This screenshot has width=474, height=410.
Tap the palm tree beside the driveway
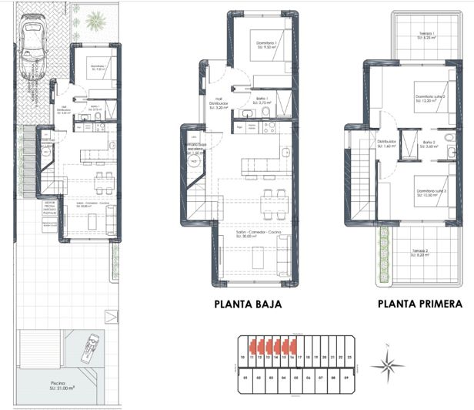pyautogui.click(x=95, y=19)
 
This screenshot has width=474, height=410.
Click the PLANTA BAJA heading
pyautogui.click(x=248, y=304)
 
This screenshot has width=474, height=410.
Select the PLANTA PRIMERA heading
pyautogui.click(x=420, y=304)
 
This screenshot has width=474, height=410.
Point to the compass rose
pyautogui.click(x=389, y=365)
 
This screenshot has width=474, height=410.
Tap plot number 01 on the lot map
pyautogui.click(x=245, y=378)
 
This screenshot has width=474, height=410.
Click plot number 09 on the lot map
pyautogui.click(x=346, y=378)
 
